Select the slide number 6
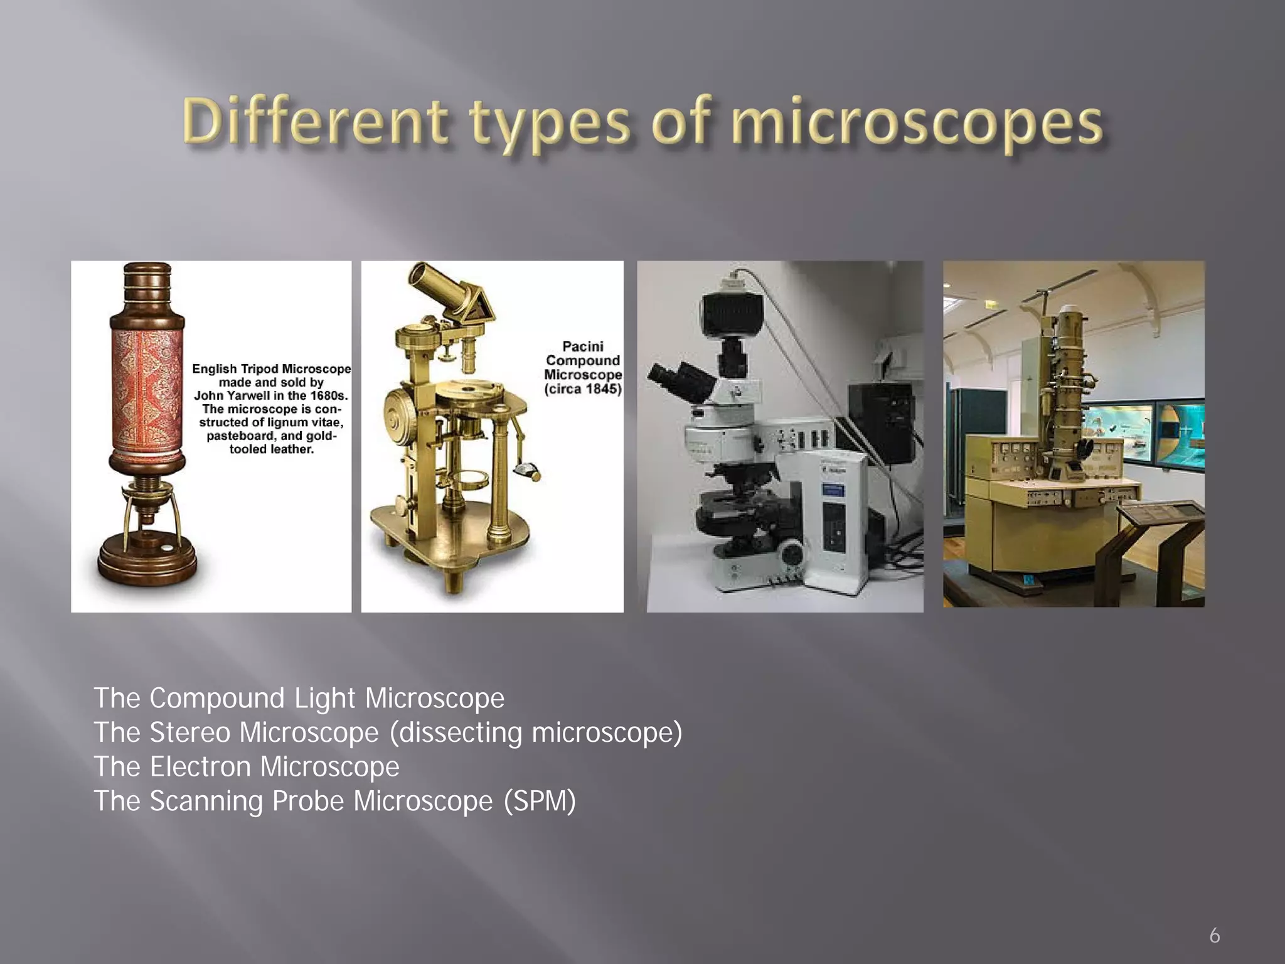click(1215, 936)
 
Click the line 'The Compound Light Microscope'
click(299, 698)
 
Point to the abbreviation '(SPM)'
click(540, 801)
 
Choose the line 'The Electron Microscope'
click(246, 766)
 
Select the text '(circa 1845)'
click(583, 389)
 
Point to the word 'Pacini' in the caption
click(583, 346)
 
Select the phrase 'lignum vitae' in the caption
click(305, 422)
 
